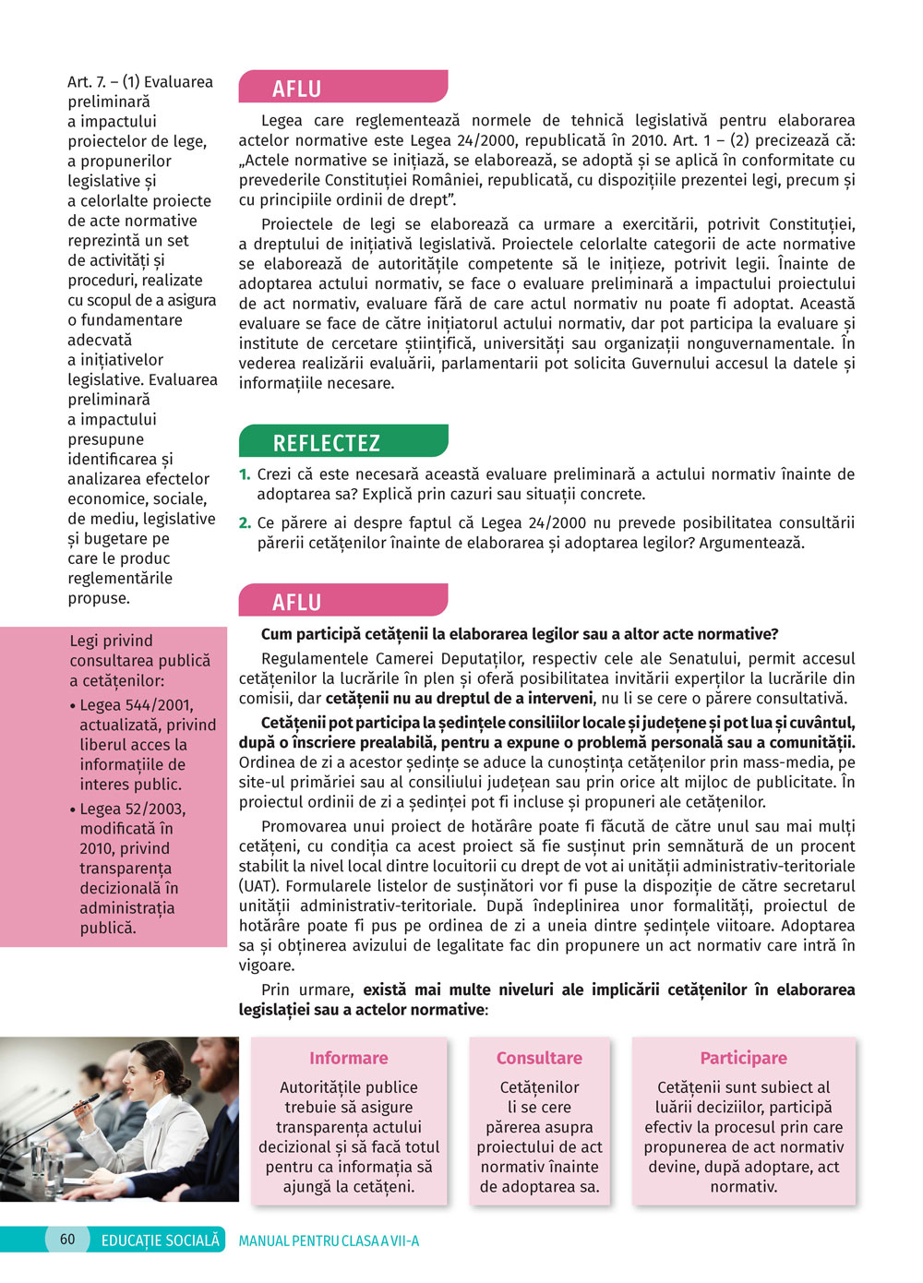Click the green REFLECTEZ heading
[x=326, y=443]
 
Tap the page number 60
[x=67, y=1240]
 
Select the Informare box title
[x=349, y=1058]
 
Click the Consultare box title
[x=539, y=1058]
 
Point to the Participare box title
[x=743, y=1058]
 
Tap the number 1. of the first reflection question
[x=245, y=474]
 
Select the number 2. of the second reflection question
[x=245, y=523]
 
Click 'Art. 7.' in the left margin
[x=87, y=82]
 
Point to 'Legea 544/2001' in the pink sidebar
[x=136, y=705]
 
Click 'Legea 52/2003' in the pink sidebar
[x=132, y=809]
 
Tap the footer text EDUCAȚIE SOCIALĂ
[x=161, y=1241]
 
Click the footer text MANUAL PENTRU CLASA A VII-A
[x=329, y=1241]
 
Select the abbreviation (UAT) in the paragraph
[x=258, y=886]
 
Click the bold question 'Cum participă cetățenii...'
[x=520, y=634]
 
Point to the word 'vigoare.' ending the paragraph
[x=267, y=965]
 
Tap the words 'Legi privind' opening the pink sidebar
[x=111, y=641]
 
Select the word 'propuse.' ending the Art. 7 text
[x=99, y=598]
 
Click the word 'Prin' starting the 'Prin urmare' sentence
[x=275, y=989]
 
